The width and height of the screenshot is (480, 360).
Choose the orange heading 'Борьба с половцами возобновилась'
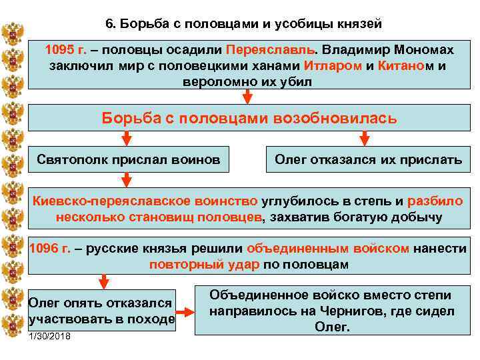click(x=249, y=119)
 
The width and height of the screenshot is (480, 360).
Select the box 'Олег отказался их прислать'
click(x=368, y=160)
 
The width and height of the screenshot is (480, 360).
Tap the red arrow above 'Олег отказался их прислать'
click(x=364, y=138)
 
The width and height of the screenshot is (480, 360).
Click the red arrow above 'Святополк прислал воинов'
click(x=127, y=138)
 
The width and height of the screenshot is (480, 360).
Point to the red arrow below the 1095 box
click(x=247, y=97)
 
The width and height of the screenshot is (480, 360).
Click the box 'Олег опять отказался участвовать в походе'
click(x=102, y=311)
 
